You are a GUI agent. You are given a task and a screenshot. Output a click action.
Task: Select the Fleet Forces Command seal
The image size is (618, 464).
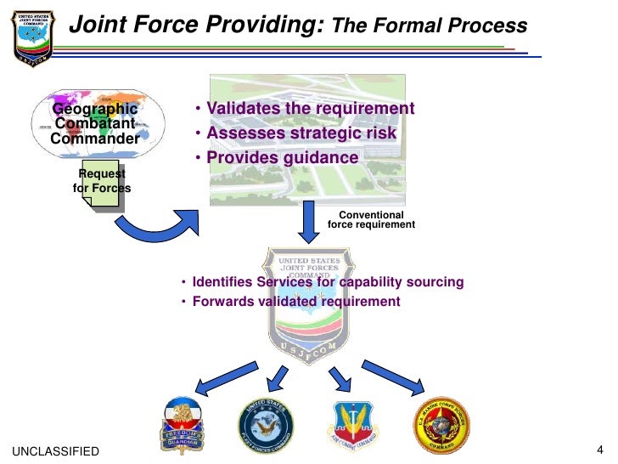tap(267, 423)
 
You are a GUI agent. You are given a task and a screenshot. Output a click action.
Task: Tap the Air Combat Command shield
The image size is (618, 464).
tap(352, 423)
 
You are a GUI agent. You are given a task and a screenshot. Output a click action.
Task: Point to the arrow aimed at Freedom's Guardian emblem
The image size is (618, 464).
tap(227, 376)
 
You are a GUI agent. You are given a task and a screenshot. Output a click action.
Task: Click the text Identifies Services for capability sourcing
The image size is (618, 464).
tap(328, 282)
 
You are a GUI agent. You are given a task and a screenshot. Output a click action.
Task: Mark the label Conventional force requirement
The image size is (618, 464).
tap(371, 220)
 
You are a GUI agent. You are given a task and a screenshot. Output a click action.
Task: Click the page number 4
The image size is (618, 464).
tap(599, 450)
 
